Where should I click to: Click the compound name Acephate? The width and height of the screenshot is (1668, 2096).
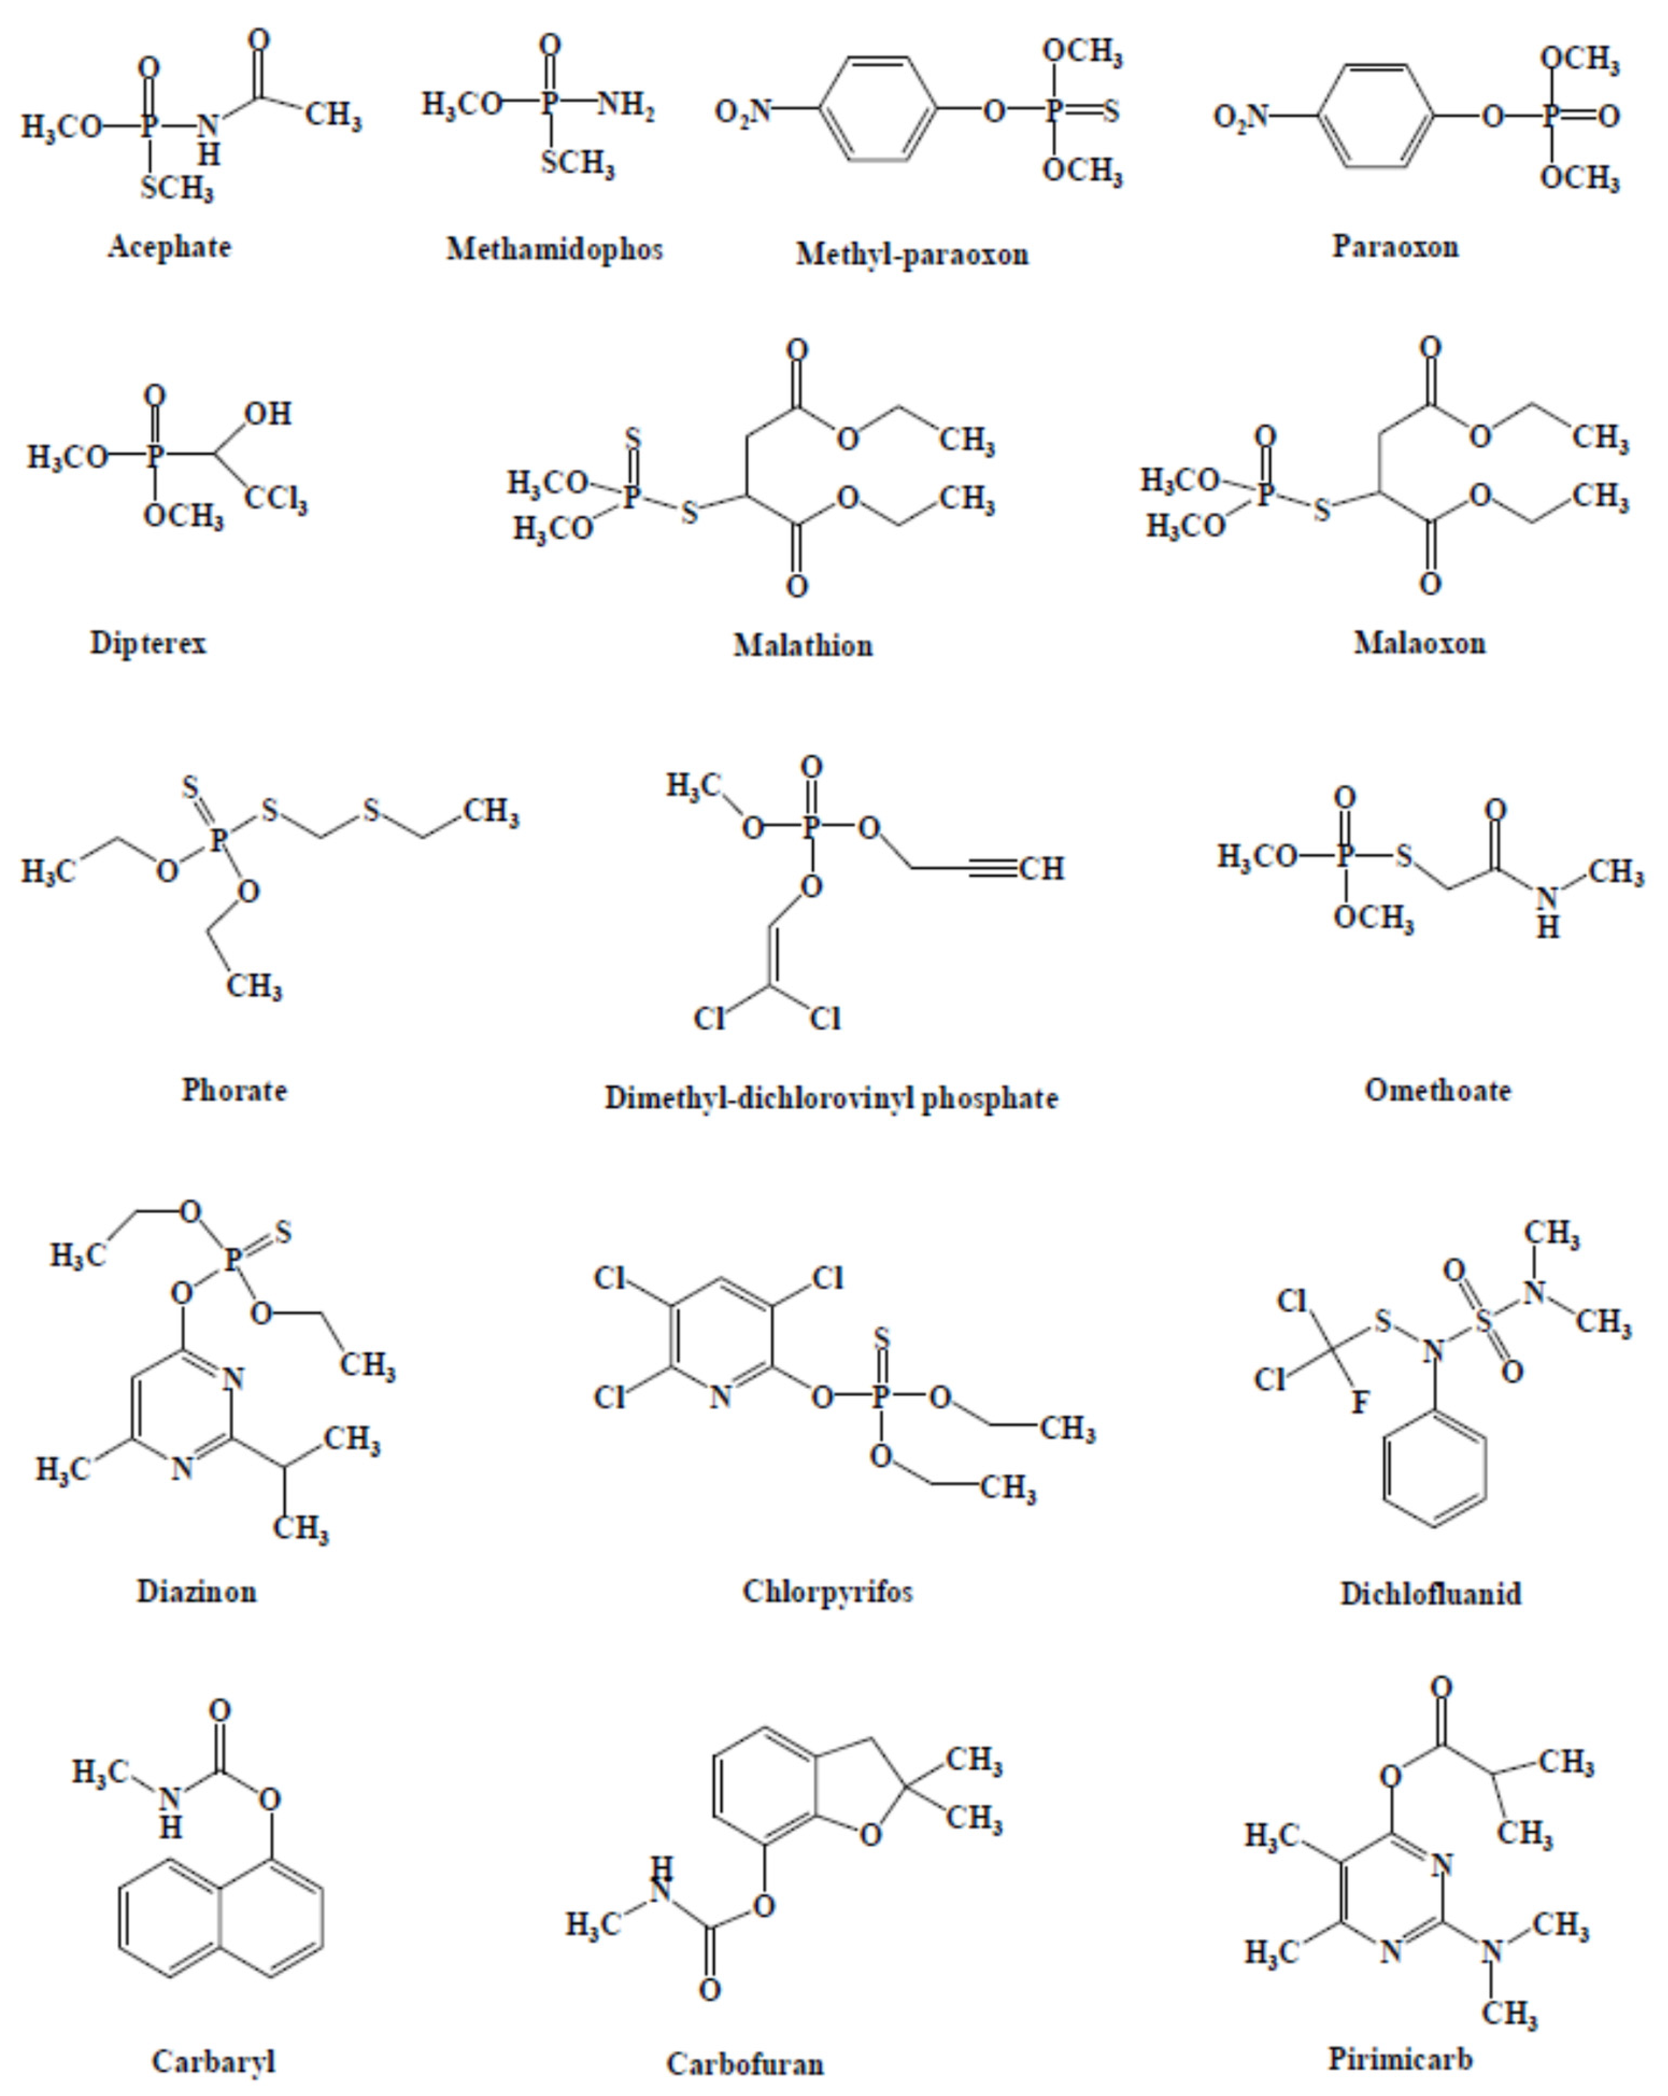pos(169,247)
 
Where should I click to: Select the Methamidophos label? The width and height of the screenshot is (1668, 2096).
pos(554,249)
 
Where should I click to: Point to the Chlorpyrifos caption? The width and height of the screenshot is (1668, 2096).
pos(827,1591)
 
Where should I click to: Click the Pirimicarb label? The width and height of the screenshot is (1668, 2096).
pos(1401,2058)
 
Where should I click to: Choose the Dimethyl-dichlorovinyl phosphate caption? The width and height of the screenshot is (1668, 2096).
pos(831,1098)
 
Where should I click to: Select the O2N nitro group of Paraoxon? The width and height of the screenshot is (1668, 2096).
pos(1241,117)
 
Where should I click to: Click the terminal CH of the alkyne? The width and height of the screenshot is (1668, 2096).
pos(1042,868)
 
